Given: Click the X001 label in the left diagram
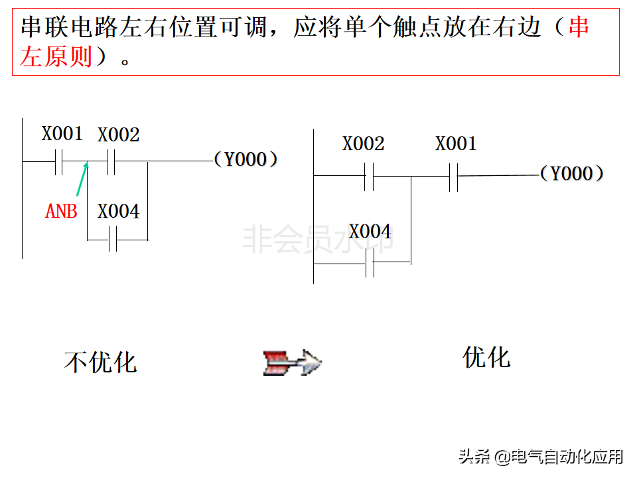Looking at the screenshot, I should point(62,133).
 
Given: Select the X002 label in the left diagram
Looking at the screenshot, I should point(119,135).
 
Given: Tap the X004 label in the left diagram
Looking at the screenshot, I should point(119,212).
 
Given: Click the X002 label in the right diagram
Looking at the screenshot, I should point(363,144).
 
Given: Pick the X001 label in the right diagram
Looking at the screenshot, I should point(456,144).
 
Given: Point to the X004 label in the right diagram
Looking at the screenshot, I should point(370,232).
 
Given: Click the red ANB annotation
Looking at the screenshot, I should point(61,212).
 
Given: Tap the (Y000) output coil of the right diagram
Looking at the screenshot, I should point(571,174).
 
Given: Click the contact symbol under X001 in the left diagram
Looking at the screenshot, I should point(59,161).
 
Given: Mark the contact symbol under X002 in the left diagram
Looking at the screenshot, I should point(111,161).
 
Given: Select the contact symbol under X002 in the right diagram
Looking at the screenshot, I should point(369,177).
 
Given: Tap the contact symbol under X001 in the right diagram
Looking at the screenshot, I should point(453,177).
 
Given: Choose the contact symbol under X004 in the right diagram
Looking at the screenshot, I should point(370,263).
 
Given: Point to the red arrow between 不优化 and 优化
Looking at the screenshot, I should point(292,362).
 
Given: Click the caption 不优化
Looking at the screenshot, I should point(100,362).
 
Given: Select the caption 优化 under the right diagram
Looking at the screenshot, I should point(486,357).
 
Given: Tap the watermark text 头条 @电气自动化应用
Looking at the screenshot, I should point(541,457).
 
